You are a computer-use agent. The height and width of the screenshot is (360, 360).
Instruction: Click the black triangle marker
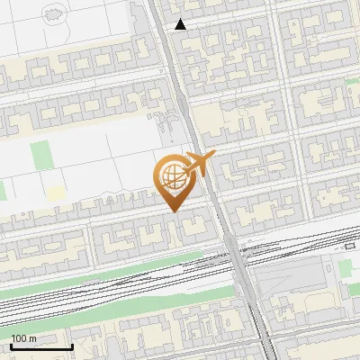tap(181, 24)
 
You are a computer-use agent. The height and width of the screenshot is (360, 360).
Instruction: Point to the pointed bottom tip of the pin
tap(174, 211)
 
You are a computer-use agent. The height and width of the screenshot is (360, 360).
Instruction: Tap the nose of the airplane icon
tap(214, 157)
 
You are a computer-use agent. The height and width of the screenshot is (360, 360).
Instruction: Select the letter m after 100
tap(32, 338)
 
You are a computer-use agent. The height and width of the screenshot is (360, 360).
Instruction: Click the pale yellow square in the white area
tap(56, 193)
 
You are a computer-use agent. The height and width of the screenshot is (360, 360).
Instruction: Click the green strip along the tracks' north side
tap(135, 265)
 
